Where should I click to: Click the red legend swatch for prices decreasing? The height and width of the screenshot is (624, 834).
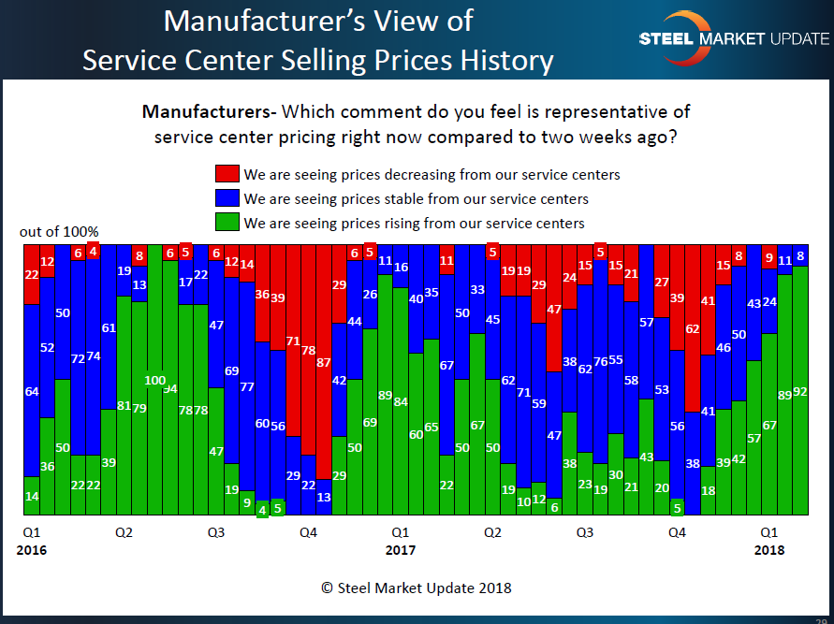(x=227, y=174)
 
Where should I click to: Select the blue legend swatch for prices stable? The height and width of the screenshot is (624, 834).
(x=227, y=198)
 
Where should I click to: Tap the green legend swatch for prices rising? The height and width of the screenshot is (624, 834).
(x=227, y=223)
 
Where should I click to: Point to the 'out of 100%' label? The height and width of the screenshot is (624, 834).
(x=58, y=231)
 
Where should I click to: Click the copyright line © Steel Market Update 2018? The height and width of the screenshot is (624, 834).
(x=416, y=588)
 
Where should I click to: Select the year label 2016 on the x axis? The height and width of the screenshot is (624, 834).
(x=31, y=550)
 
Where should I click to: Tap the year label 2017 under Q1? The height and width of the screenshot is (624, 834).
(x=400, y=550)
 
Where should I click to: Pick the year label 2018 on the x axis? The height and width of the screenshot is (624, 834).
(x=768, y=550)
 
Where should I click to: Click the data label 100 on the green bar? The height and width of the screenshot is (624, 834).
(x=154, y=381)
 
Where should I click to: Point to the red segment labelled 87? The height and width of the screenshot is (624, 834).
(x=323, y=362)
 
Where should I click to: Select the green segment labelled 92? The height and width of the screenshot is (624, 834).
(x=800, y=391)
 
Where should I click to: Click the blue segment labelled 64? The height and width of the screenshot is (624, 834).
(x=32, y=391)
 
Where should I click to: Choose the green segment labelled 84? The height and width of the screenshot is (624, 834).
(x=400, y=402)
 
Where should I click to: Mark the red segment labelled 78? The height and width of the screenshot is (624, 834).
(x=308, y=351)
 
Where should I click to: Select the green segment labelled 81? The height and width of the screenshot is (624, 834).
(x=124, y=405)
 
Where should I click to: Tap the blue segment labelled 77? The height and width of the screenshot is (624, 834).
(x=246, y=385)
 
